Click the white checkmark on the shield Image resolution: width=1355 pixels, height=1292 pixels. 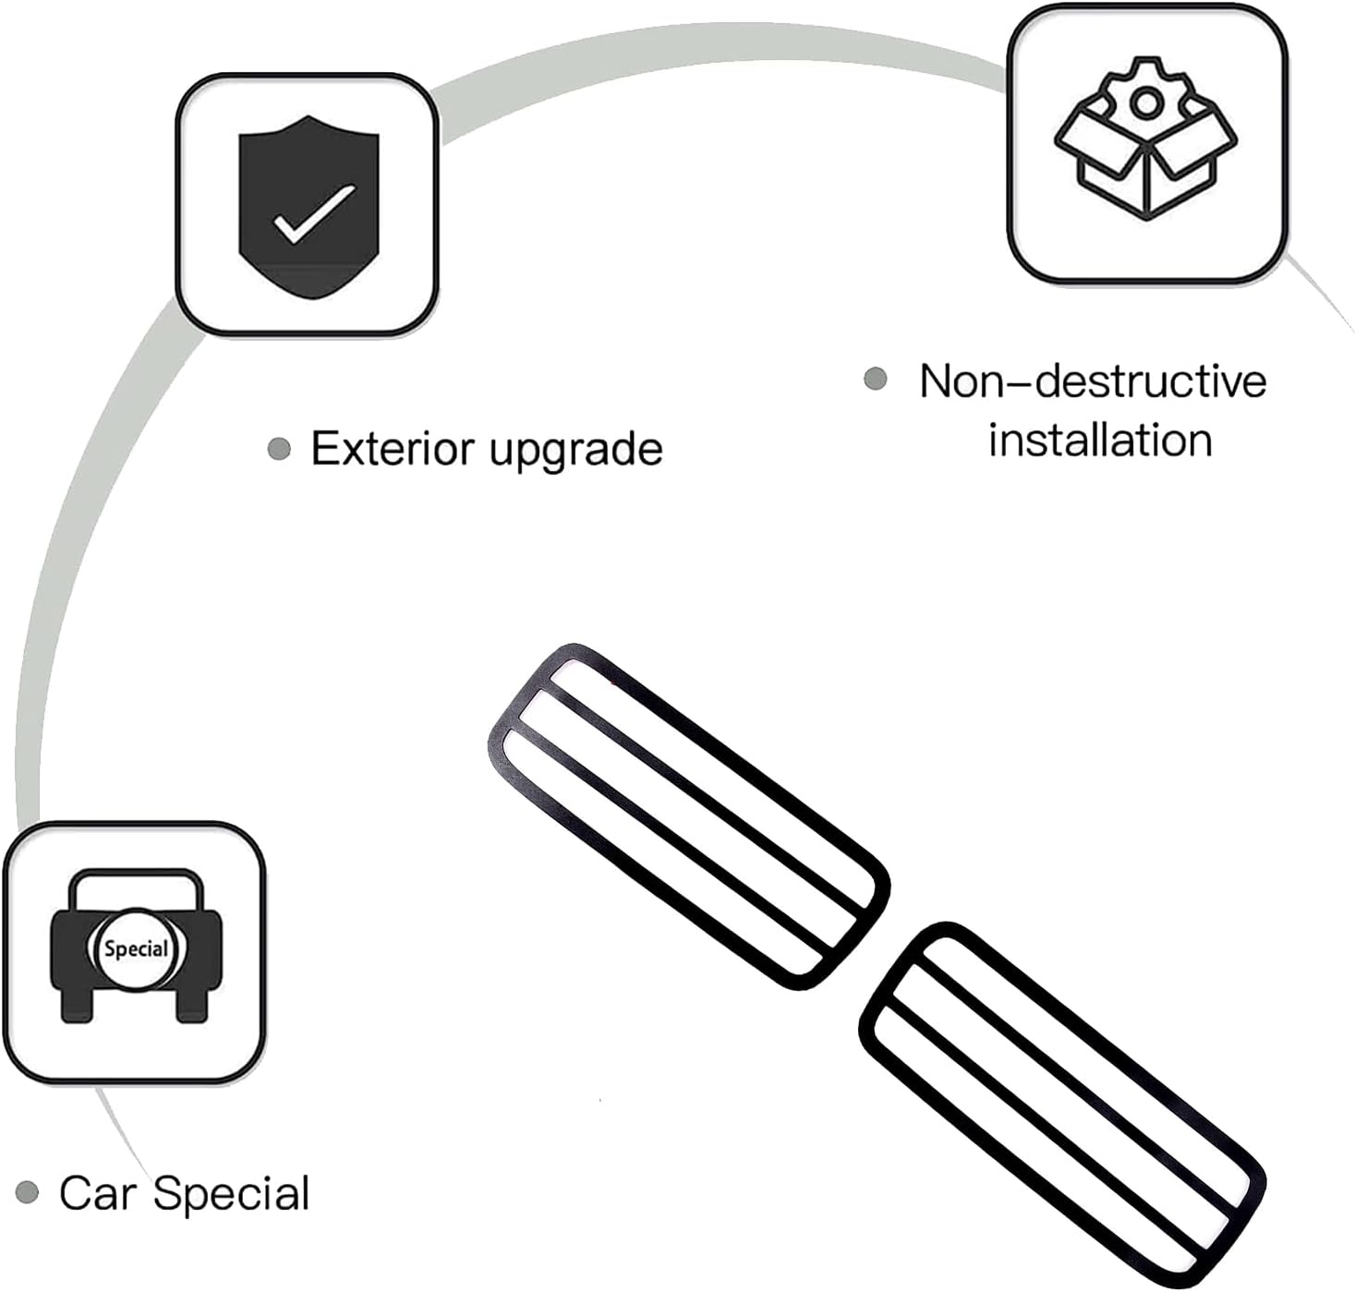[314, 213]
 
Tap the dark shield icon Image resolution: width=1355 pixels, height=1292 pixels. [309, 207]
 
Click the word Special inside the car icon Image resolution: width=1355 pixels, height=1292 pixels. [136, 948]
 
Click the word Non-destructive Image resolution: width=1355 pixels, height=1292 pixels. [1093, 381]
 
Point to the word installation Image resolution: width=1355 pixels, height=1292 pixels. [1101, 441]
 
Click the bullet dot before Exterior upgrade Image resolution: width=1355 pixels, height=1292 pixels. [278, 449]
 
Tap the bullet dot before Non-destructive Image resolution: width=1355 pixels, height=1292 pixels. [876, 379]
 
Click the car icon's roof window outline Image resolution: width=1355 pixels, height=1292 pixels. [137, 874]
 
